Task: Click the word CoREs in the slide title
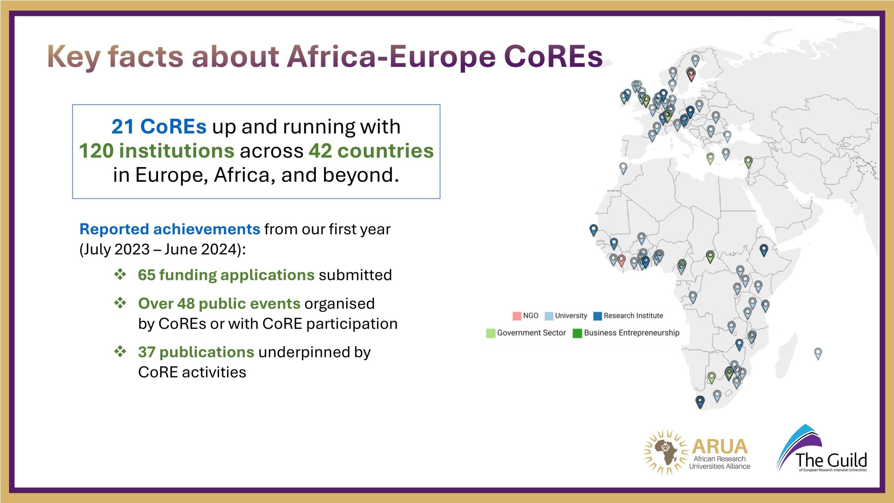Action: (x=553, y=56)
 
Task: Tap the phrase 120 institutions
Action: (x=157, y=151)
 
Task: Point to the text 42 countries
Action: (x=371, y=151)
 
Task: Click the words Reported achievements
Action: (x=170, y=229)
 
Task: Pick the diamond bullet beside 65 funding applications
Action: (x=120, y=274)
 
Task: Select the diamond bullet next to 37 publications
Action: (x=120, y=351)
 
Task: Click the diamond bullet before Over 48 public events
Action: (x=120, y=303)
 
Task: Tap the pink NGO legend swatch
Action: (x=517, y=316)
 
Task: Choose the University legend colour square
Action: (x=549, y=316)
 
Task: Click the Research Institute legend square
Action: (x=598, y=316)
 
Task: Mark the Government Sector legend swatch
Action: (x=491, y=333)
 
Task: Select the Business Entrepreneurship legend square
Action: (x=577, y=333)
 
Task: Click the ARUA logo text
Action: (x=719, y=447)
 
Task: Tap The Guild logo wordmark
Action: (x=831, y=460)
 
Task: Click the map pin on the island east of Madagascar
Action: (x=818, y=353)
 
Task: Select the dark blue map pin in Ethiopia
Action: (x=764, y=250)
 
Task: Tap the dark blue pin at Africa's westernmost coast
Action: (x=593, y=230)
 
